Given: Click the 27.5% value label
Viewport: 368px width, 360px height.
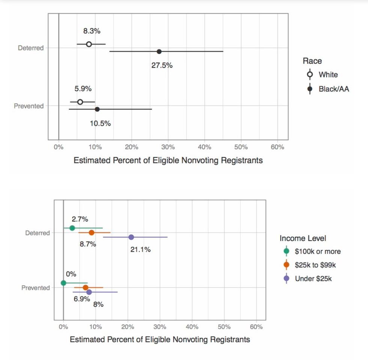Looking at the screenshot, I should [162, 65].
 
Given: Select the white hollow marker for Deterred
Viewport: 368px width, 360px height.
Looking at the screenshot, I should [89, 44].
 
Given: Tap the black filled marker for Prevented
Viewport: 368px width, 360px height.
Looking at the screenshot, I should [97, 109].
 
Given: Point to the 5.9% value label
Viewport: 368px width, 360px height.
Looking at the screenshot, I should [83, 89].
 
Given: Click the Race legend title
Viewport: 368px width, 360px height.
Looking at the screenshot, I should [312, 61].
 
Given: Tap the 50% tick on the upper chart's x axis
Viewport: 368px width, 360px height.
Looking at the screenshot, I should [241, 147].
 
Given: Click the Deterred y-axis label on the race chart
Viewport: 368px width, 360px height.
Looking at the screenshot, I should [31, 48].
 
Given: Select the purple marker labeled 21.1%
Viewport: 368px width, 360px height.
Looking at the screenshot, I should [131, 237].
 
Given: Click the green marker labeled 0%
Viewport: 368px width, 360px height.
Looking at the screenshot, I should [63, 283].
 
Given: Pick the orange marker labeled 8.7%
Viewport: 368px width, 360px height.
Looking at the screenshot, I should [91, 233].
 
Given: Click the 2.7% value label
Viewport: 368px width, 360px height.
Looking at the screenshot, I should [80, 219].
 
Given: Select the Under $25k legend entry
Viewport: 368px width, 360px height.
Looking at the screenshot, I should [313, 279].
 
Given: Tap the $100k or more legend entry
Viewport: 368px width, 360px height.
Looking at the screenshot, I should [317, 252].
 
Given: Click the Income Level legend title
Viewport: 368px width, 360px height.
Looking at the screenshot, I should [303, 238].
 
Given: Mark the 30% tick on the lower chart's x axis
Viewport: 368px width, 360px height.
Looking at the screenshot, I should [160, 327].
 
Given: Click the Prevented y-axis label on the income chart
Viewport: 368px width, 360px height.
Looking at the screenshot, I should [35, 288].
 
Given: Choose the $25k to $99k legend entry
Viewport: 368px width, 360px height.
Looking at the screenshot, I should [315, 265].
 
